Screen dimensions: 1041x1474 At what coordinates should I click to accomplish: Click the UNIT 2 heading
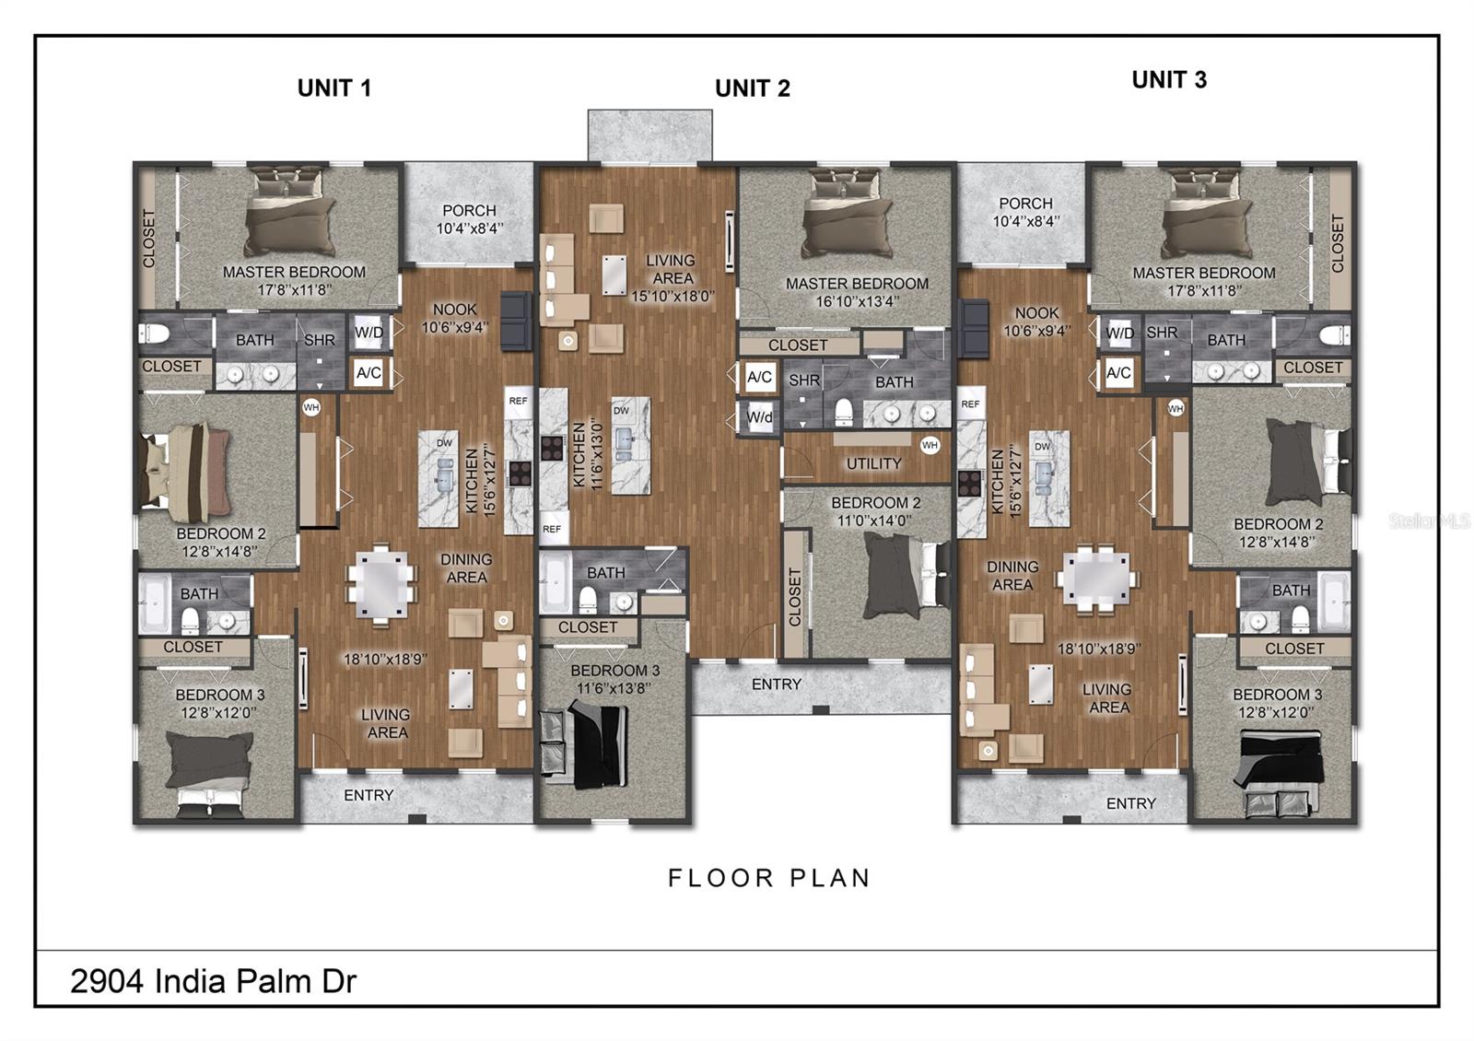pyautogui.click(x=752, y=88)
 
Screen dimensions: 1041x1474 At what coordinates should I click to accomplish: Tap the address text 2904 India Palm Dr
pyautogui.click(x=213, y=981)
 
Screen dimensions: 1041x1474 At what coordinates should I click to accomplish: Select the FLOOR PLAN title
pyautogui.click(x=769, y=878)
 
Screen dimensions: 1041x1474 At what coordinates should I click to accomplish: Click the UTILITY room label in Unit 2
pyautogui.click(x=873, y=463)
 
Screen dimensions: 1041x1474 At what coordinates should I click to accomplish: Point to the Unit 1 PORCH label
pyautogui.click(x=469, y=211)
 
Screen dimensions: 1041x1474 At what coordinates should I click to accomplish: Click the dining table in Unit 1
pyautogui.click(x=379, y=583)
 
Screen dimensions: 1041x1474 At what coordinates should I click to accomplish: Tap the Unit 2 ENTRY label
pyautogui.click(x=777, y=684)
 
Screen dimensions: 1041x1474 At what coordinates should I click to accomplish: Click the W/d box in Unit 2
pyautogui.click(x=760, y=417)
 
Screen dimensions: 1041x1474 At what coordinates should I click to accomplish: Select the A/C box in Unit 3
pyautogui.click(x=1118, y=373)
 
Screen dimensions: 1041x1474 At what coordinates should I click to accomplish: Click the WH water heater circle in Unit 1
pyautogui.click(x=311, y=406)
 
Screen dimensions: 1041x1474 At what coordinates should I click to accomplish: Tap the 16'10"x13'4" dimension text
pyautogui.click(x=857, y=300)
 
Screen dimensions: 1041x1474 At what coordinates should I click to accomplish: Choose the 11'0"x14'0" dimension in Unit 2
pyautogui.click(x=875, y=520)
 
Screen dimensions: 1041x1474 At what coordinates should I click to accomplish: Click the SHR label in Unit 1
pyautogui.click(x=320, y=340)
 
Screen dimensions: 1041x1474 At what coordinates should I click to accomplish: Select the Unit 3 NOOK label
pyautogui.click(x=1036, y=313)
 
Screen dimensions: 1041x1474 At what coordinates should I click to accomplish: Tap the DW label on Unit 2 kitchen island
pyautogui.click(x=621, y=411)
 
